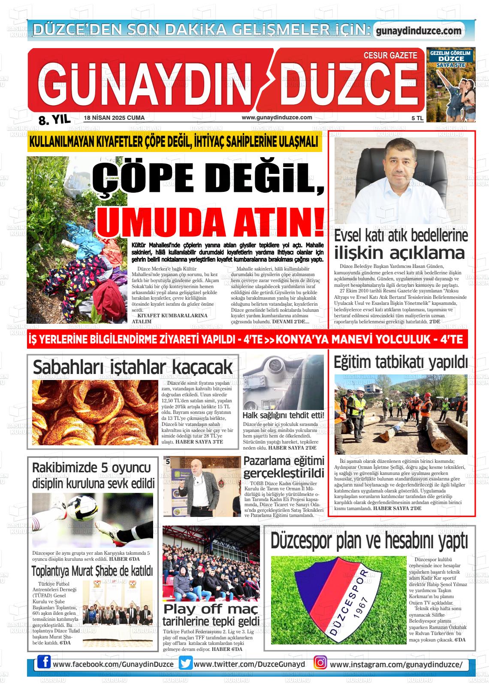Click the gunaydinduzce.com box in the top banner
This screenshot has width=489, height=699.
click(418, 31)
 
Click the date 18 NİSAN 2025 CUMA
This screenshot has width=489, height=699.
click(114, 118)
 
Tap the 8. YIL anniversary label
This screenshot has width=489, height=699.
click(54, 120)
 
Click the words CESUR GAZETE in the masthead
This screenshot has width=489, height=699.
click(390, 55)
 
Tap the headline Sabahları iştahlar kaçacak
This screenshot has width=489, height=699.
click(133, 368)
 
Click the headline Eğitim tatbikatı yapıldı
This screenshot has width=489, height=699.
click(401, 362)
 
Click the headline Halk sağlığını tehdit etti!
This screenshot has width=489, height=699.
click(283, 415)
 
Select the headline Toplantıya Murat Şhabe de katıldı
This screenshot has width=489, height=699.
click(92, 571)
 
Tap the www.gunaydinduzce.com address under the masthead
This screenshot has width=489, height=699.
click(277, 118)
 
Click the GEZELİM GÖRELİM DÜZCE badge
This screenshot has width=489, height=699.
click(450, 58)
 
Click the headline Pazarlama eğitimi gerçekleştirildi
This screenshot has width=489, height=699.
click(284, 467)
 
